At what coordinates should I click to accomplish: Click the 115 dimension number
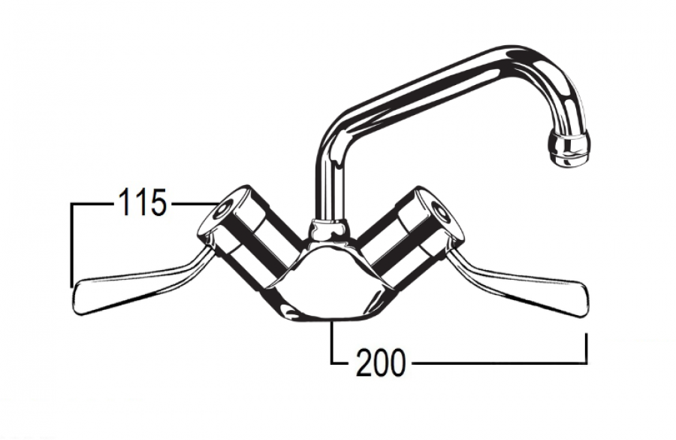tap(142, 202)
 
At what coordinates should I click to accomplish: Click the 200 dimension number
tap(381, 362)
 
